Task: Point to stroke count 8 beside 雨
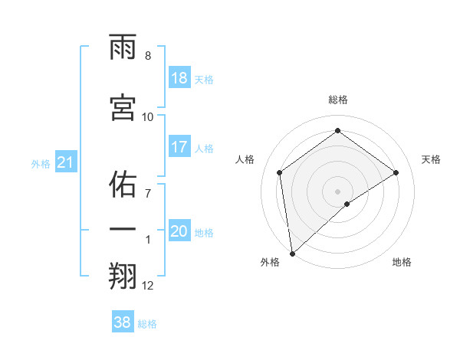[148, 56]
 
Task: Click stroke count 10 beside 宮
[148, 116]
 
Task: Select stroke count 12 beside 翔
[148, 286]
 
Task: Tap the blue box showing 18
[179, 78]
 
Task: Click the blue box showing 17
[179, 147]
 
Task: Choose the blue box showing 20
[179, 231]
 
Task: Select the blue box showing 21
[65, 162]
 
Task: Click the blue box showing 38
[123, 322]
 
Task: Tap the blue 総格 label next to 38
[147, 324]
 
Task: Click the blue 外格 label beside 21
[41, 164]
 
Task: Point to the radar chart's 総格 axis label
[337, 100]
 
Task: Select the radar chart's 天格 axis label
[431, 159]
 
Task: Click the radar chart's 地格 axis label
[402, 262]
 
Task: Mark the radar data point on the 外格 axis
[292, 253]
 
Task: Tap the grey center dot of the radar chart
[337, 191]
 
